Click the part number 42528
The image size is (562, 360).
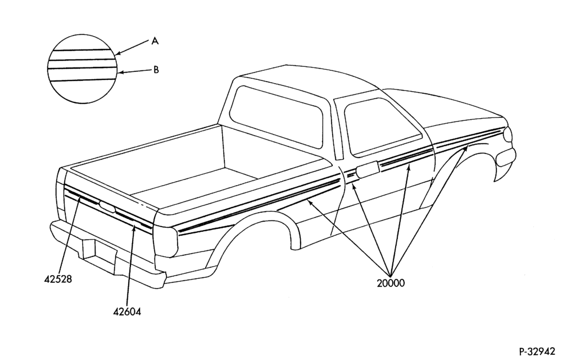(x=58, y=279)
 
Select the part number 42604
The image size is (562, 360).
(x=127, y=312)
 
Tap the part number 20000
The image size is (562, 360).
(x=391, y=283)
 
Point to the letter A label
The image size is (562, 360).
(x=155, y=41)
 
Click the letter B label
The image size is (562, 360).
(x=156, y=70)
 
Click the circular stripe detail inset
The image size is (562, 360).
(x=83, y=69)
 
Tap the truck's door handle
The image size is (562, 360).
(x=368, y=169)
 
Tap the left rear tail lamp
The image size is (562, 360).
(x=60, y=193)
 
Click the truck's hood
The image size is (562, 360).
(x=455, y=107)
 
